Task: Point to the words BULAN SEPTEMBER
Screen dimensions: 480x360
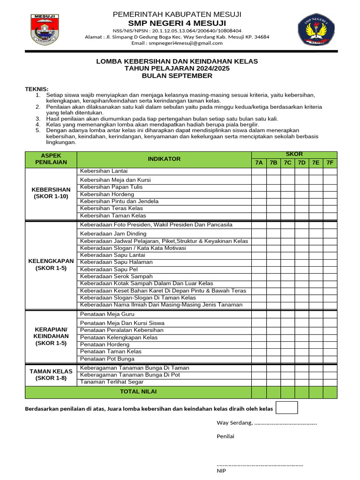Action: [x=177, y=75]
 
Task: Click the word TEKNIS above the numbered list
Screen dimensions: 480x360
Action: [x=37, y=89]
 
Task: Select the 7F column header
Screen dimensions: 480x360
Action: [x=330, y=163]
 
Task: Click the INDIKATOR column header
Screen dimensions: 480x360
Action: [x=164, y=159]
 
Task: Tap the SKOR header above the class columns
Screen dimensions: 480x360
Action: [x=294, y=154]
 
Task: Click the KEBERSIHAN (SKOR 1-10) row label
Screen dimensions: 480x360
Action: [x=51, y=193]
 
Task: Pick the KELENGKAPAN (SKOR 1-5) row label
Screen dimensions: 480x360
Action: [x=51, y=264]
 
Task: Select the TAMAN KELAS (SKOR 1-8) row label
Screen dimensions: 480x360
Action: [x=51, y=375]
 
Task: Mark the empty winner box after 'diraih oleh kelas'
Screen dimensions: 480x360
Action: [x=287, y=408]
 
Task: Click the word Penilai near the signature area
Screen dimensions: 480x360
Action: [x=225, y=436]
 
